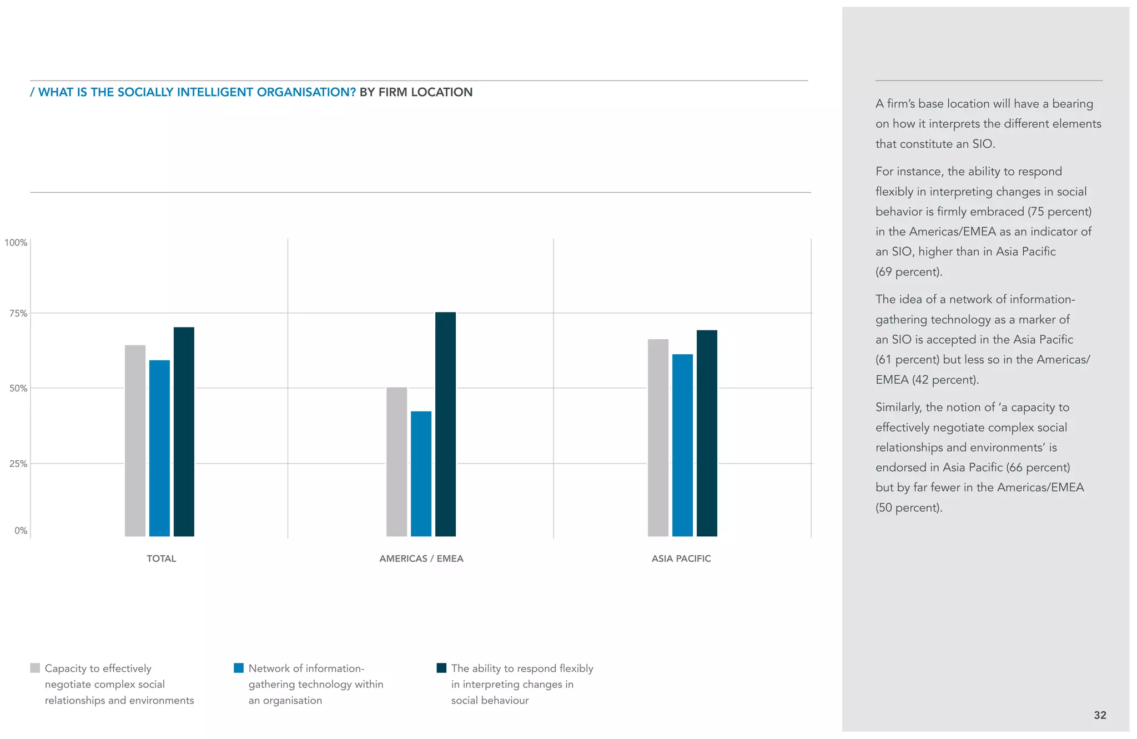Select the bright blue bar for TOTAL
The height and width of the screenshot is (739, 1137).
tap(159, 448)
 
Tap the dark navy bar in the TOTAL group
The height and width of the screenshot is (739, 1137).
tap(184, 431)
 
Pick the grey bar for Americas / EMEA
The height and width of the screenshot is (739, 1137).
tap(396, 461)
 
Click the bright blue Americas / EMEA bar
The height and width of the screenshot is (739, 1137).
tap(421, 474)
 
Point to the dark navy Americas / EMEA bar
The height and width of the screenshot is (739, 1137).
tap(445, 424)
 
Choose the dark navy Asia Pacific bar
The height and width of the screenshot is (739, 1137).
tap(707, 433)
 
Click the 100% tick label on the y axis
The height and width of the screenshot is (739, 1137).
tap(16, 243)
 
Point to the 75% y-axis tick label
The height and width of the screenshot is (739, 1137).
tap(18, 313)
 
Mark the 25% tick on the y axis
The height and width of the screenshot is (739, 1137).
tap(18, 464)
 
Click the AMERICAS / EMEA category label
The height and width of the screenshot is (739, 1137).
tap(421, 559)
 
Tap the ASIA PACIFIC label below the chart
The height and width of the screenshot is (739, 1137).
tap(681, 559)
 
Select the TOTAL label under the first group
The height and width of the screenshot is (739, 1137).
tap(161, 559)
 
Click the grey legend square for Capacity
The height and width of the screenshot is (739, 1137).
tap(35, 668)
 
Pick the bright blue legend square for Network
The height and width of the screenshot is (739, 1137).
tap(239, 668)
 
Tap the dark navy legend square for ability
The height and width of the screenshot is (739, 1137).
tap(441, 668)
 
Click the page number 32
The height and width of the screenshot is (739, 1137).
tap(1100, 715)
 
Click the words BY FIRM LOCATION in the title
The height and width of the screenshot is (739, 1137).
tap(416, 92)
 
